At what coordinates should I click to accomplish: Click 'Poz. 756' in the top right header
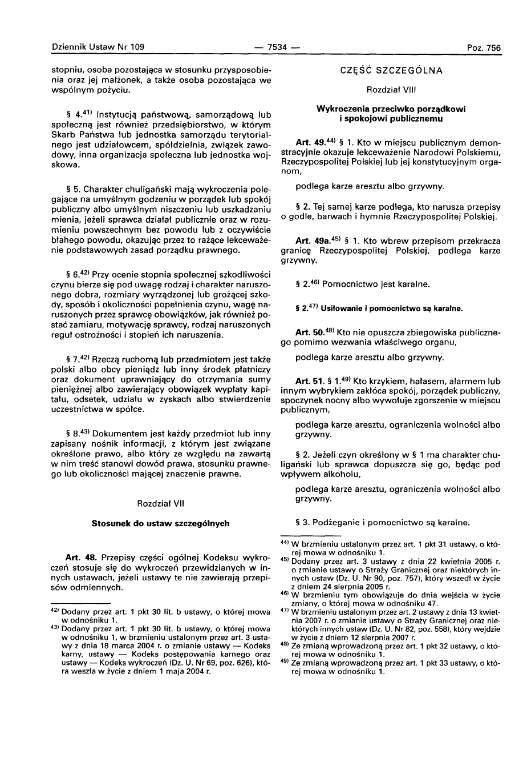[484, 48]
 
